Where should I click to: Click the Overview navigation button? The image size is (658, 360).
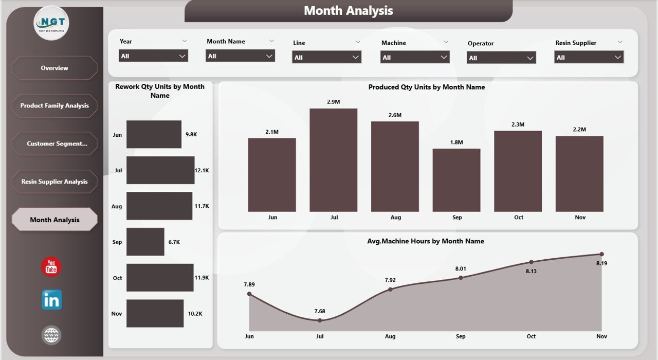click(x=54, y=68)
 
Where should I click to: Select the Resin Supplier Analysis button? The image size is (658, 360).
click(x=54, y=182)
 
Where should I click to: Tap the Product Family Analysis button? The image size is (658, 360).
click(x=54, y=106)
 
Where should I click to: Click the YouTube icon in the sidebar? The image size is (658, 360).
click(x=51, y=267)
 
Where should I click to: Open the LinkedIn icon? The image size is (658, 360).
click(x=51, y=300)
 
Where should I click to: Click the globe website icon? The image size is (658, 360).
click(x=51, y=336)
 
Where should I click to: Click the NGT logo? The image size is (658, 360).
click(x=51, y=23)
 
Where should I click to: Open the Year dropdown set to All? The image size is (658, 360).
click(x=153, y=56)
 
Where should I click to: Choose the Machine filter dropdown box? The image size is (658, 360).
click(x=415, y=58)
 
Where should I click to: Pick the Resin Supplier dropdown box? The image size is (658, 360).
click(x=589, y=57)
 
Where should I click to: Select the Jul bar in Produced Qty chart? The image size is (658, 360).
click(x=333, y=160)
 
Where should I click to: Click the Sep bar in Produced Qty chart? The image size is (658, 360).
click(x=456, y=180)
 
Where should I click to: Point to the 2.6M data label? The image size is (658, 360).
click(x=395, y=115)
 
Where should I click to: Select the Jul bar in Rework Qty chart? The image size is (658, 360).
click(x=160, y=170)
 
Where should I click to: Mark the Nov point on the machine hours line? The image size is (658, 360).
click(x=601, y=254)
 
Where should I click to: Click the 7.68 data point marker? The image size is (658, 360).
click(x=320, y=320)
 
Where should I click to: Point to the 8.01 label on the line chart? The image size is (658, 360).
click(x=461, y=268)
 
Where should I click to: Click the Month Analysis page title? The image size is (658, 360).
click(x=348, y=11)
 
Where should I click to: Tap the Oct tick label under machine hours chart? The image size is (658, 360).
click(x=531, y=336)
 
